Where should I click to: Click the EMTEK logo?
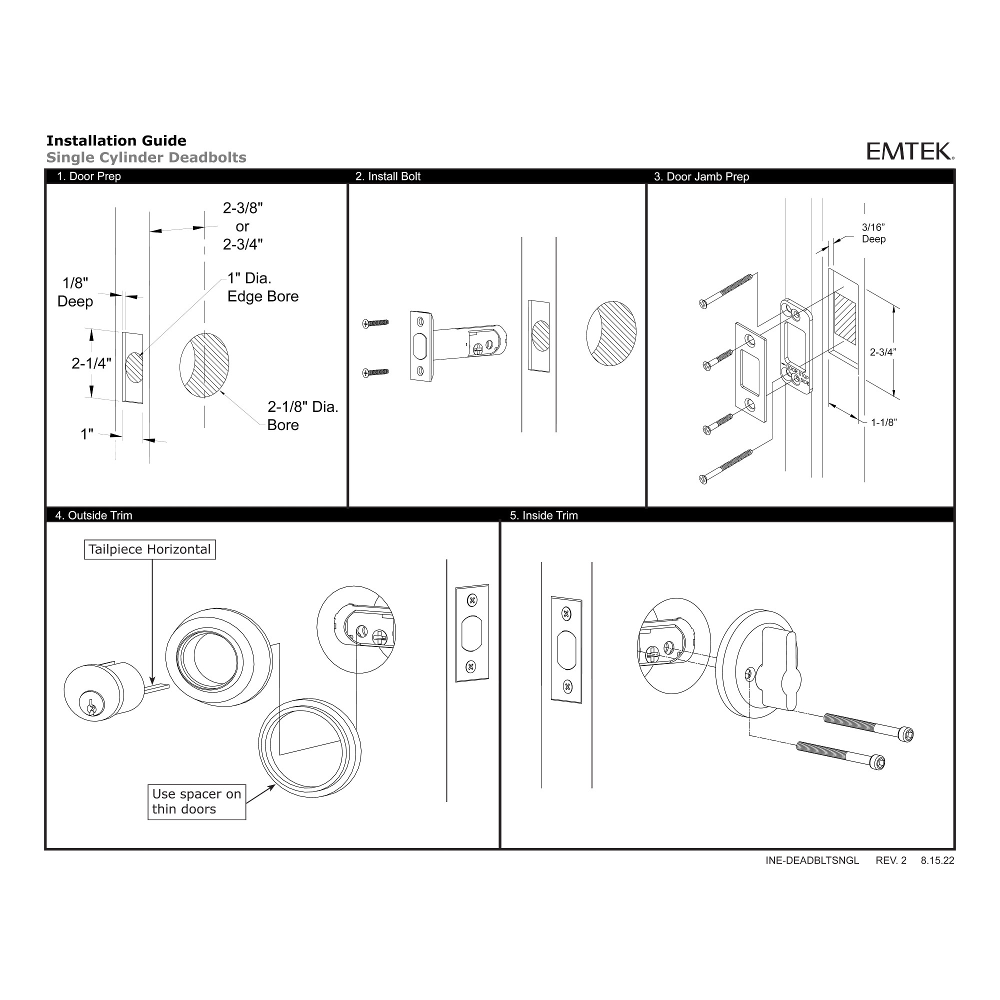coord(909,151)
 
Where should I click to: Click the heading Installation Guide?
coord(116,141)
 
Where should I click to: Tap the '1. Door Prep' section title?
coord(88,176)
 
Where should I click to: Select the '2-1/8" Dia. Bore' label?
coord(302,415)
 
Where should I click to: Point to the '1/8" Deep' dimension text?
coord(75,292)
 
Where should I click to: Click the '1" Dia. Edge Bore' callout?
coord(262,287)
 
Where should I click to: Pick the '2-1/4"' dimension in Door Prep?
coord(91,363)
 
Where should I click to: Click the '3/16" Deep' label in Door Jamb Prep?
coord(873,233)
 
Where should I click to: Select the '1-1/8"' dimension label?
coord(883,422)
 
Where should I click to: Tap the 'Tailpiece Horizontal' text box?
coord(149,549)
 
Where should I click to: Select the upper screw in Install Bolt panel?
coord(376,323)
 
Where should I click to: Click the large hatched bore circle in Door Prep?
coord(205,365)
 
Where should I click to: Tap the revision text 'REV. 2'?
coord(891,860)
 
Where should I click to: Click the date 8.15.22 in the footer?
coord(937,860)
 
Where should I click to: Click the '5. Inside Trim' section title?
coord(543,515)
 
